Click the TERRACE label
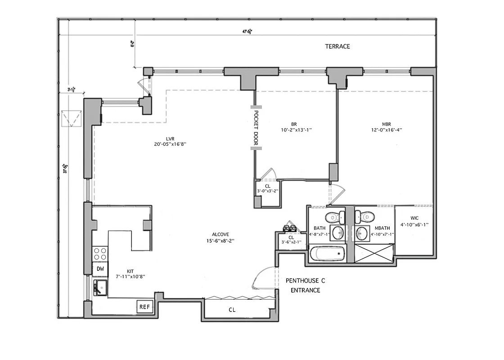click(x=337, y=46)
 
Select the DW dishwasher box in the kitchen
click(x=100, y=269)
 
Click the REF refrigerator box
click(x=144, y=307)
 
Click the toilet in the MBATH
click(x=365, y=217)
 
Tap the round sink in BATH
click(x=337, y=233)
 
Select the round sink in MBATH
click(x=363, y=233)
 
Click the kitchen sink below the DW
click(x=99, y=287)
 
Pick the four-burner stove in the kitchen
click(x=100, y=254)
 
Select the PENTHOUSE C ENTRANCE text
click(x=305, y=285)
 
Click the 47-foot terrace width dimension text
click(x=247, y=31)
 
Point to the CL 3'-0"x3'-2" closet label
click(x=268, y=188)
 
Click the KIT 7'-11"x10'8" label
click(x=130, y=274)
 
